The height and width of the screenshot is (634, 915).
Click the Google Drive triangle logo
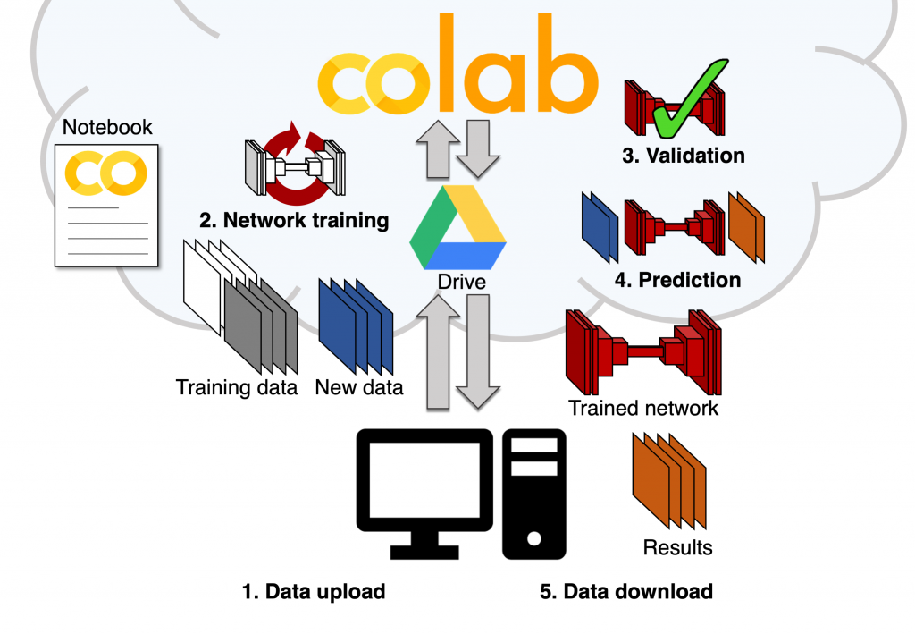click(458, 227)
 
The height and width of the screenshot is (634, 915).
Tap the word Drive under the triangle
click(461, 283)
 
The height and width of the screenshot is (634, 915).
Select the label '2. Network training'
click(294, 220)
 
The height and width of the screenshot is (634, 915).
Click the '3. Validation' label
click(684, 156)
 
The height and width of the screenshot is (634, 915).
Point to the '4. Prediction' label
click(678, 280)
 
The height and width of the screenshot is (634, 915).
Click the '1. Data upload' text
click(314, 591)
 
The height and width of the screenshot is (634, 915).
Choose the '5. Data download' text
click(626, 591)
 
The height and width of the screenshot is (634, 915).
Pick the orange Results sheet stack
click(669, 482)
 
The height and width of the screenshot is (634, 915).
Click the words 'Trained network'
click(643, 409)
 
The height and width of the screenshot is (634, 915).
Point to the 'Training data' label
click(237, 388)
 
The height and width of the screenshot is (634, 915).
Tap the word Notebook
click(107, 128)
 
